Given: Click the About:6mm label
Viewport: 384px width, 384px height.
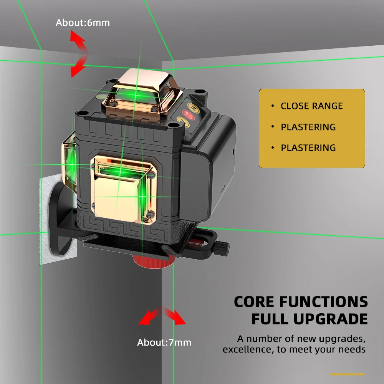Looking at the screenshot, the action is (83, 23).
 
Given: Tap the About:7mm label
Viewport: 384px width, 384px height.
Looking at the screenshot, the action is (164, 343).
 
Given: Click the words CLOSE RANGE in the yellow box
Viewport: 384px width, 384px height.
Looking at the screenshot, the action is (311, 106).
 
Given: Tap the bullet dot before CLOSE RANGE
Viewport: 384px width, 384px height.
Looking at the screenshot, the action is (272, 106).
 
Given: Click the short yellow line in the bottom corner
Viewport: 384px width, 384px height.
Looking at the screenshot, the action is (347, 374).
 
